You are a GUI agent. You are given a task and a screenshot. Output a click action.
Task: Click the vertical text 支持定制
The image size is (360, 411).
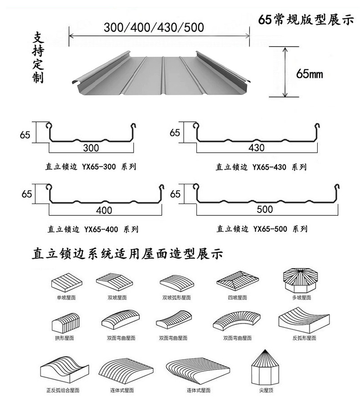pyautogui.click(x=38, y=58)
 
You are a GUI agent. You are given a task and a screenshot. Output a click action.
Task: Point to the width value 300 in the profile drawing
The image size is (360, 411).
pyautogui.click(x=91, y=148)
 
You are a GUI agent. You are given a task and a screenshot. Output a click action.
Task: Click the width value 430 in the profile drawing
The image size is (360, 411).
pyautogui.click(x=257, y=148)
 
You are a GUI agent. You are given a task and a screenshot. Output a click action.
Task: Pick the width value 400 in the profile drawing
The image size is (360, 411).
pyautogui.click(x=104, y=210)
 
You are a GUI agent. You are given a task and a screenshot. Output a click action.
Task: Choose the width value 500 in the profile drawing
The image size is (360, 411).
pyautogui.click(x=265, y=209)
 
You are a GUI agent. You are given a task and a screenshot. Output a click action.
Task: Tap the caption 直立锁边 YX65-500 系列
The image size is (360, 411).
pyautogui.click(x=262, y=229)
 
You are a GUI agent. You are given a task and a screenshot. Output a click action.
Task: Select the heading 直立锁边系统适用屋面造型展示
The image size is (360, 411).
pyautogui.click(x=127, y=254)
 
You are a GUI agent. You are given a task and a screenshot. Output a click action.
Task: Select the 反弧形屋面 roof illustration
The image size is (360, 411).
pyautogui.click(x=304, y=321)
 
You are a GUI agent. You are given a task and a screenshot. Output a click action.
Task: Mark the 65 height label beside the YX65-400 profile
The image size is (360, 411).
pyautogui.click(x=26, y=193)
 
